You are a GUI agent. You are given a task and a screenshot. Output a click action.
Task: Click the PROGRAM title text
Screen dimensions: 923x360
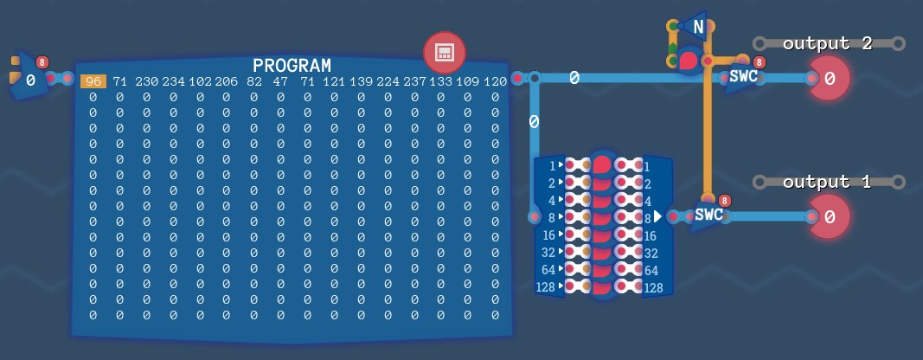[292, 66]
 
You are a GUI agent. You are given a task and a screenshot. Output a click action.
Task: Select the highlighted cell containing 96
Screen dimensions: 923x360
[93, 81]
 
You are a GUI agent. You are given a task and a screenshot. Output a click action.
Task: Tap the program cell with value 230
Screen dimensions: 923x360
[146, 81]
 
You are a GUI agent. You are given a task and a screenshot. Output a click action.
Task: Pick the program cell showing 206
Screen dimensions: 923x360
[227, 81]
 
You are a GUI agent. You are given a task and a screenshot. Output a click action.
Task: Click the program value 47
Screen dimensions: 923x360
[280, 81]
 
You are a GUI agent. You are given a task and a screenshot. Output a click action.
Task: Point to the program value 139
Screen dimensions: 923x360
[361, 81]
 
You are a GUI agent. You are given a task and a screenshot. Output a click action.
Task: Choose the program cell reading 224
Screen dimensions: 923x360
[388, 81]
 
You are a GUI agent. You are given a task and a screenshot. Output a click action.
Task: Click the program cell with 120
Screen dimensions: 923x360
[495, 81]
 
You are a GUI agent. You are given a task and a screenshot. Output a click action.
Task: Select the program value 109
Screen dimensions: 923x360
[468, 81]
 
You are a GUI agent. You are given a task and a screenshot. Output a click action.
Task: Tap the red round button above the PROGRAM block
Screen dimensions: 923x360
[445, 53]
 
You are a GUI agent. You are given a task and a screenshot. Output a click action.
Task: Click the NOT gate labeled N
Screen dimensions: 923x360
[695, 26]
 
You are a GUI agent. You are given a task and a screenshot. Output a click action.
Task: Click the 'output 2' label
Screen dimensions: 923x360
[827, 43]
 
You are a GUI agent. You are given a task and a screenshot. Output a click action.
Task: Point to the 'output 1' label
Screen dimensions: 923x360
[826, 182]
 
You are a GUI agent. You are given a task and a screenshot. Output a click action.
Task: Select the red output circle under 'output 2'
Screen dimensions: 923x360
[829, 78]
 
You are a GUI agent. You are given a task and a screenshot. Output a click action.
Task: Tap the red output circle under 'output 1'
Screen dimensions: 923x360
[829, 217]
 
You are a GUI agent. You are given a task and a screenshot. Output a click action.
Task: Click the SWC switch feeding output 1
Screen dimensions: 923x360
[708, 215]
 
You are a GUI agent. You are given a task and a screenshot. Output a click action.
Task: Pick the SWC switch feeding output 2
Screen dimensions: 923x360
[743, 77]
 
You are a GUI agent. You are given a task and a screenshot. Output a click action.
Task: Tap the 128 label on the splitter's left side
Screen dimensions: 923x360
[546, 287]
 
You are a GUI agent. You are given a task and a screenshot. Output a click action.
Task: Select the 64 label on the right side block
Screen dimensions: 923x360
[651, 271]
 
